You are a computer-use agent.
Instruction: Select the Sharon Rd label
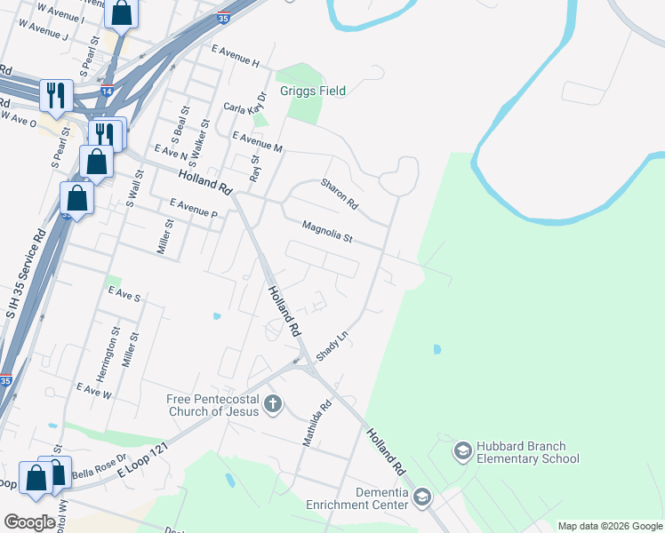[339, 193]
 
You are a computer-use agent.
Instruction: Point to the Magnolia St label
[327, 232]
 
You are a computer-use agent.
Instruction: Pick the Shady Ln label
[330, 342]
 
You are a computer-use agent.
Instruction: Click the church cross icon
[273, 404]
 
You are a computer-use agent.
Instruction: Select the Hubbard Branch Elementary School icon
[462, 451]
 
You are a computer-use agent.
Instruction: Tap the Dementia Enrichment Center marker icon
[421, 497]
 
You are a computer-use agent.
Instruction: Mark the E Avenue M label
[257, 142]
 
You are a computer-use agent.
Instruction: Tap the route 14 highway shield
[107, 91]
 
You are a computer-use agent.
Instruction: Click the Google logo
[29, 522]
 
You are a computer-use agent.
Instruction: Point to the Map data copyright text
[609, 526]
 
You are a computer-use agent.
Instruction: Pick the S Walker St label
[204, 139]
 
